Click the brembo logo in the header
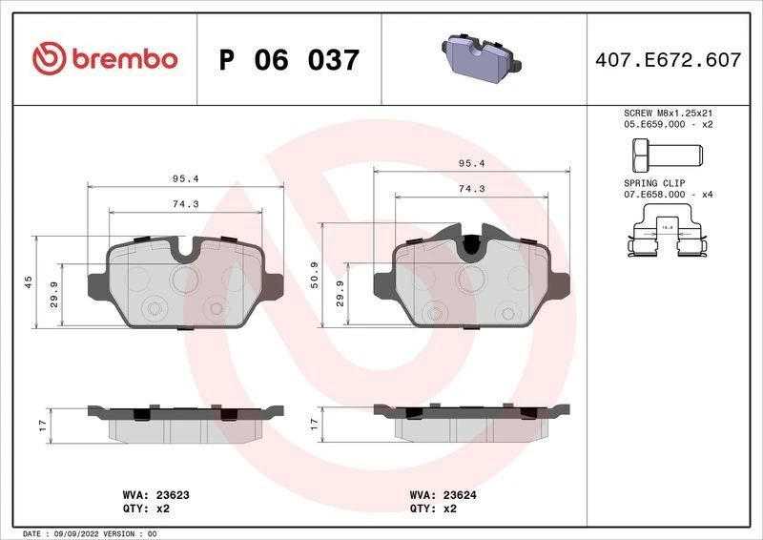(105, 59)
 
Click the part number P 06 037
(289, 60)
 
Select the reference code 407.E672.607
(667, 60)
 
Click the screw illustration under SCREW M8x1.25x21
(665, 153)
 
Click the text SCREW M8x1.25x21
(668, 113)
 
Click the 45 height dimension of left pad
(29, 281)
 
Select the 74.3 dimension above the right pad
(471, 189)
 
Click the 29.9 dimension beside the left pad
(53, 296)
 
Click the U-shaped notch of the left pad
(185, 251)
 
